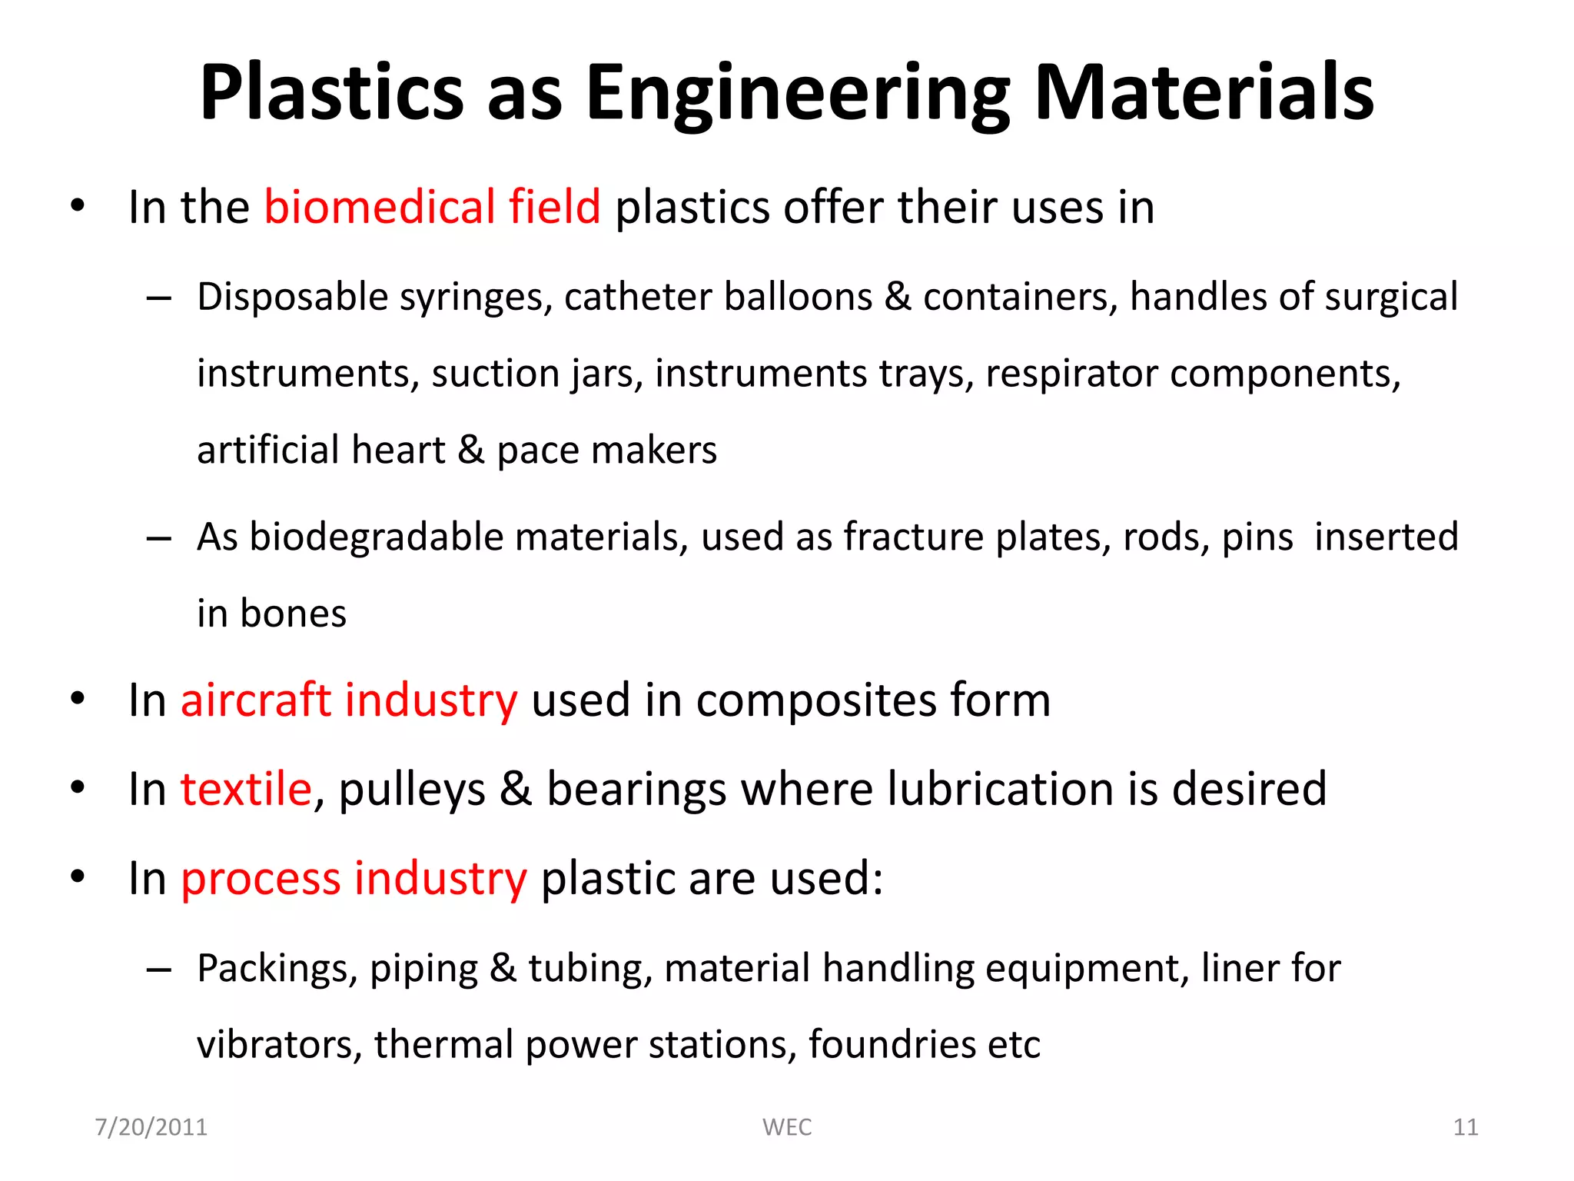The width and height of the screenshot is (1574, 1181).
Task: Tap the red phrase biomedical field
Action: (432, 207)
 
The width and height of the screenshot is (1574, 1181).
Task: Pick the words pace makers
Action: (606, 451)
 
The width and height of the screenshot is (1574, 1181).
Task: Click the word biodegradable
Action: (377, 537)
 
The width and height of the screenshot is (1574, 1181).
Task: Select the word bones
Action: (293, 614)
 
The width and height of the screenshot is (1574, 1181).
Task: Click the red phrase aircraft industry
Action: (349, 700)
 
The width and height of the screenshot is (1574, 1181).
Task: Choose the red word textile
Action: (246, 789)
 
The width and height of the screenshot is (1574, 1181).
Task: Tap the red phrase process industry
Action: (354, 878)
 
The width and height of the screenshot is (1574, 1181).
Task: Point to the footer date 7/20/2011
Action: (151, 1127)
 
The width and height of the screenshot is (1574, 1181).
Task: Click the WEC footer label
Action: (787, 1127)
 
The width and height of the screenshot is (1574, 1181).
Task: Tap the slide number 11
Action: (1466, 1127)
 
